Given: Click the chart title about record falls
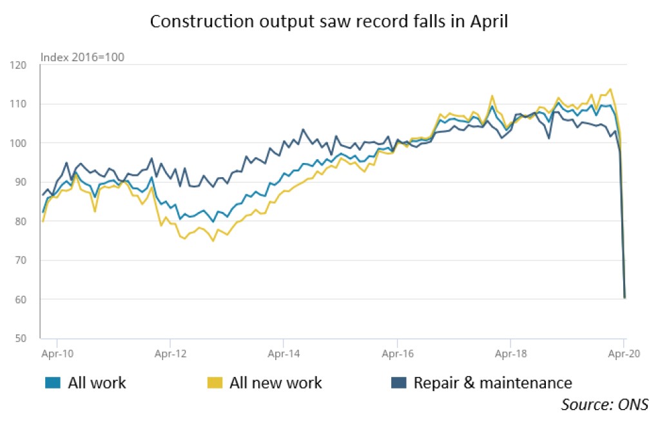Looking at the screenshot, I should pos(329,21).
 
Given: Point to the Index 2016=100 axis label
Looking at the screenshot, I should pos(82,57).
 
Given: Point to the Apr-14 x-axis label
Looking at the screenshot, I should pos(283,353).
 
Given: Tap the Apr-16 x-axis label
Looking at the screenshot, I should pos(397,353).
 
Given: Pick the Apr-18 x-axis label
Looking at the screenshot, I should pos(510,353).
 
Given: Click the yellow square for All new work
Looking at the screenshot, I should pos(218,383).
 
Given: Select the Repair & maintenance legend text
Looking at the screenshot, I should pos(492,383).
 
